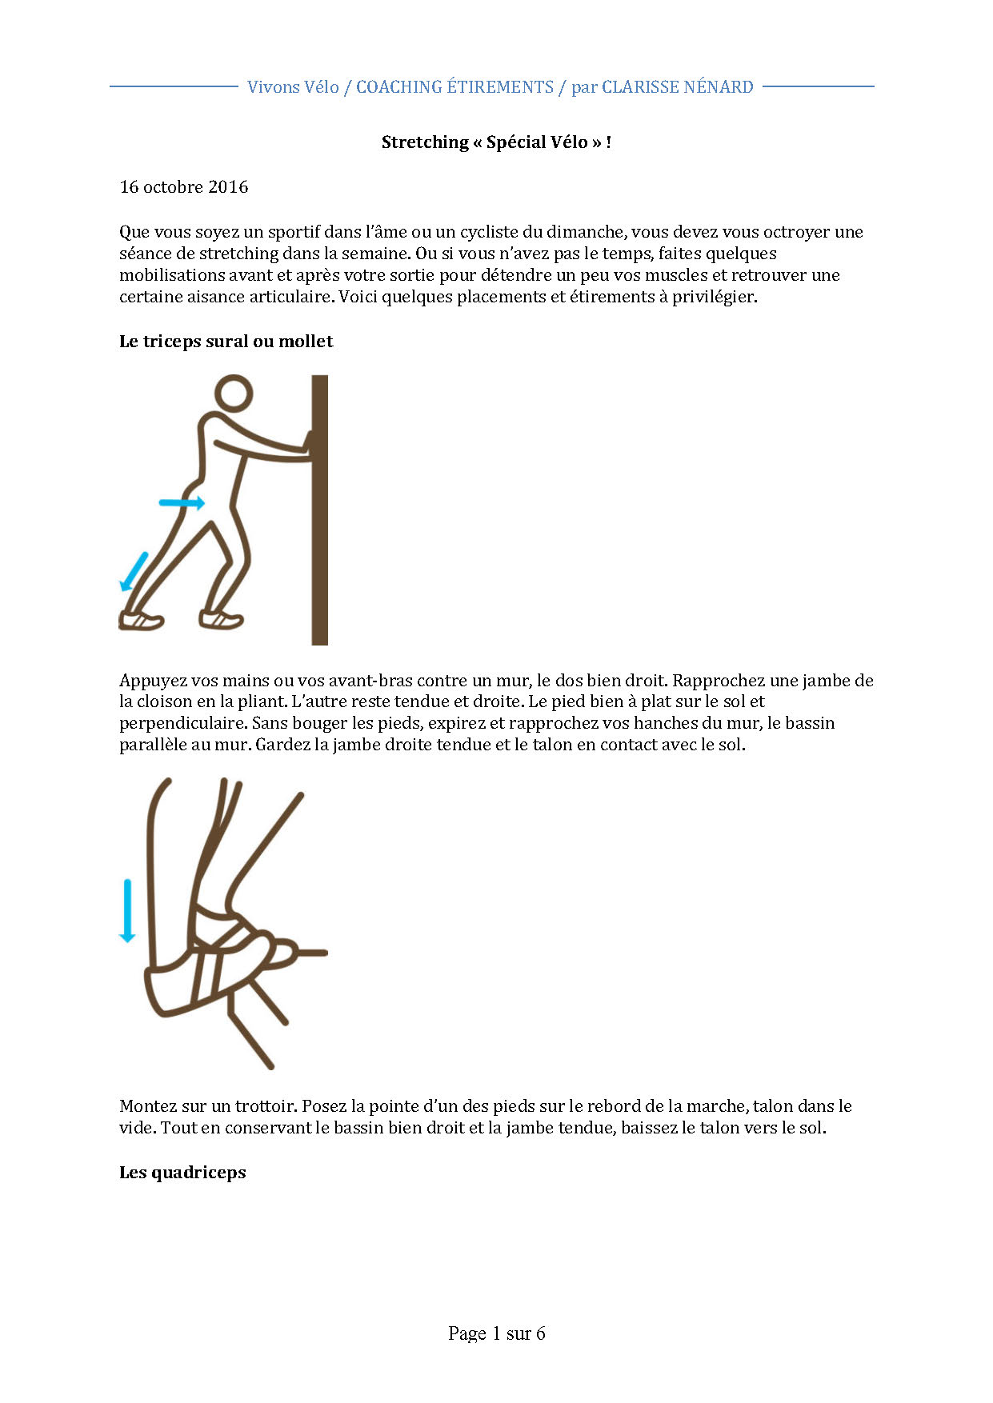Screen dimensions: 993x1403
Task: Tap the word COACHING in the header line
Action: tap(398, 87)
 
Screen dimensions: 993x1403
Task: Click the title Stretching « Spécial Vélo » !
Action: tap(496, 142)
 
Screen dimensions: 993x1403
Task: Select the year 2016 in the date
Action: tap(228, 187)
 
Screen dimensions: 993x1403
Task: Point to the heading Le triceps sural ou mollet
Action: tap(226, 342)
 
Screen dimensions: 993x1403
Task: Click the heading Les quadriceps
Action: tap(182, 1173)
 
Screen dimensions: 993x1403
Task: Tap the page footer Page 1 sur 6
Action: tap(496, 1333)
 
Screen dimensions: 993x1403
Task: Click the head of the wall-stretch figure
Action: tap(234, 394)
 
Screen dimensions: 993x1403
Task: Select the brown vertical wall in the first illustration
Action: tap(319, 510)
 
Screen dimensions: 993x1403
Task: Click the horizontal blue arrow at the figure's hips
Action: tap(182, 503)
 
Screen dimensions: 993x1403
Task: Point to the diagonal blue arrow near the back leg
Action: tap(134, 571)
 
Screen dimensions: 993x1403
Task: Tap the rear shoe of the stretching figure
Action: tap(141, 620)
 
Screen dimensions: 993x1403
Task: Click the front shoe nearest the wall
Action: tap(221, 619)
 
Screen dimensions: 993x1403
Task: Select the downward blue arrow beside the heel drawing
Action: tap(127, 910)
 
